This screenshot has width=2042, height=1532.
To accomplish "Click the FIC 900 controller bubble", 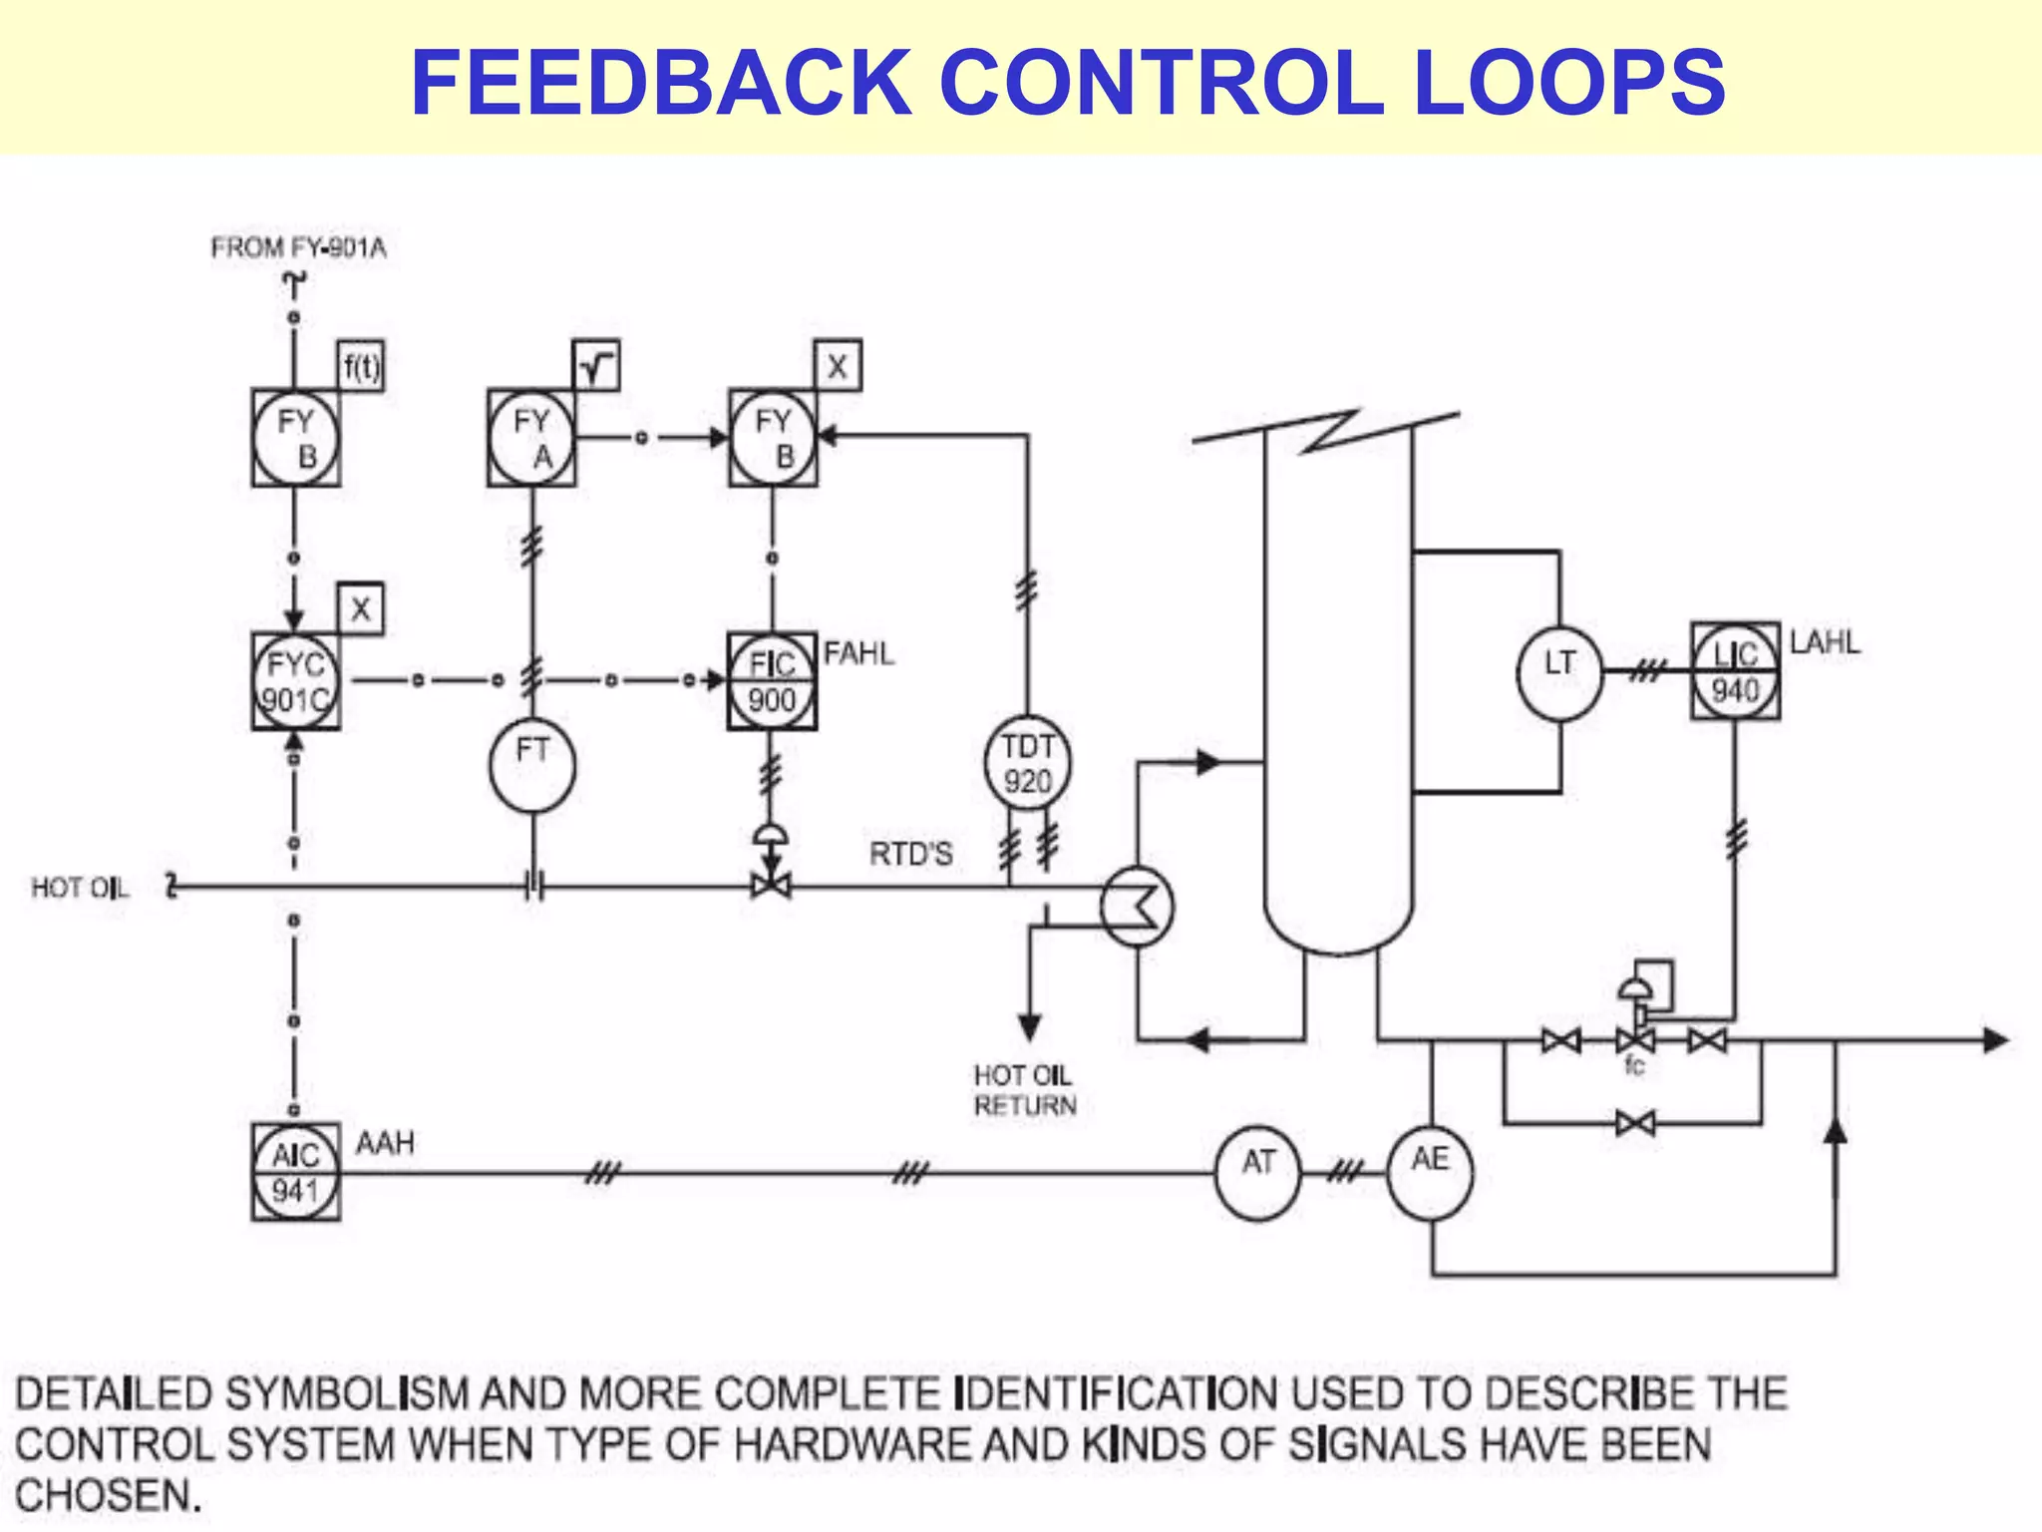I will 772,682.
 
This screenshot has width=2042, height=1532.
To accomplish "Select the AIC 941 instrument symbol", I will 295,1172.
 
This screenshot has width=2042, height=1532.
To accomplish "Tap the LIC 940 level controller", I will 1735,671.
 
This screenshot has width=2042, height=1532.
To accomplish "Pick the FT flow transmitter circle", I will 532,765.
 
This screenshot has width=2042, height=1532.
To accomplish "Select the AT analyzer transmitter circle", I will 1258,1172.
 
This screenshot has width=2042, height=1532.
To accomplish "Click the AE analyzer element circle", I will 1431,1172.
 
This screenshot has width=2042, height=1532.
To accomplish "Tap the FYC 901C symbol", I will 295,682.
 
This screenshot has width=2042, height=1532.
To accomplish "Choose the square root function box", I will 596,366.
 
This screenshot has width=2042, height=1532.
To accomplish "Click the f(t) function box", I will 361,366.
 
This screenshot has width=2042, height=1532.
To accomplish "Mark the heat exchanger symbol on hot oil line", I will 1137,906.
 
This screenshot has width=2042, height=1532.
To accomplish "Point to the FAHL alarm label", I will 858,654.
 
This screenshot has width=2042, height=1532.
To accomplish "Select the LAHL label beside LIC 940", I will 1825,642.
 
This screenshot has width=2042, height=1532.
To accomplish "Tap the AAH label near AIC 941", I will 385,1143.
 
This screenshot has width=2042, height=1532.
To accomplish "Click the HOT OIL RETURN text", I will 1025,1090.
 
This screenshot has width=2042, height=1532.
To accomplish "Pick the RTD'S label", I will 910,855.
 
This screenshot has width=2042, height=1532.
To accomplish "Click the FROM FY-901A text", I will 298,248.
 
